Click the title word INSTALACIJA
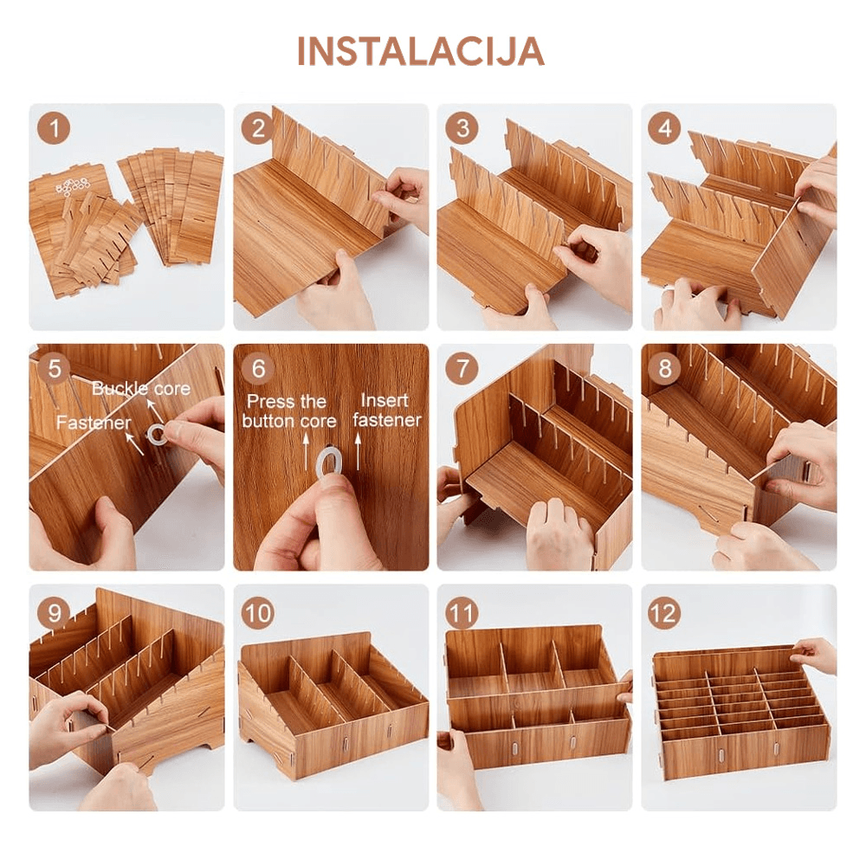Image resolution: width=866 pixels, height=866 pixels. [x=421, y=52]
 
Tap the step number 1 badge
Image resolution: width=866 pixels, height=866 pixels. [x=55, y=130]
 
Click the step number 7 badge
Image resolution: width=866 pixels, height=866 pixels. [x=462, y=368]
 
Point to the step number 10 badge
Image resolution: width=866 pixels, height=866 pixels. [x=258, y=613]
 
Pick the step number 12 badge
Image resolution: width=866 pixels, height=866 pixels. [x=664, y=613]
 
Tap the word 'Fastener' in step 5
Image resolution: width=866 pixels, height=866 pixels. [x=94, y=423]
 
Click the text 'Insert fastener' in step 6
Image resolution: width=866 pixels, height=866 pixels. [x=387, y=410]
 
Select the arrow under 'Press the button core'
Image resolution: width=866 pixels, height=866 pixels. [x=305, y=447]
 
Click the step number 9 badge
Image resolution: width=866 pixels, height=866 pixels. [x=55, y=613]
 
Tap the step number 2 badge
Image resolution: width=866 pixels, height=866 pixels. [x=258, y=130]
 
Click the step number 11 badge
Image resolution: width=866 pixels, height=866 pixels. [x=462, y=613]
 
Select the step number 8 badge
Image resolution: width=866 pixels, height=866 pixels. [x=664, y=368]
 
